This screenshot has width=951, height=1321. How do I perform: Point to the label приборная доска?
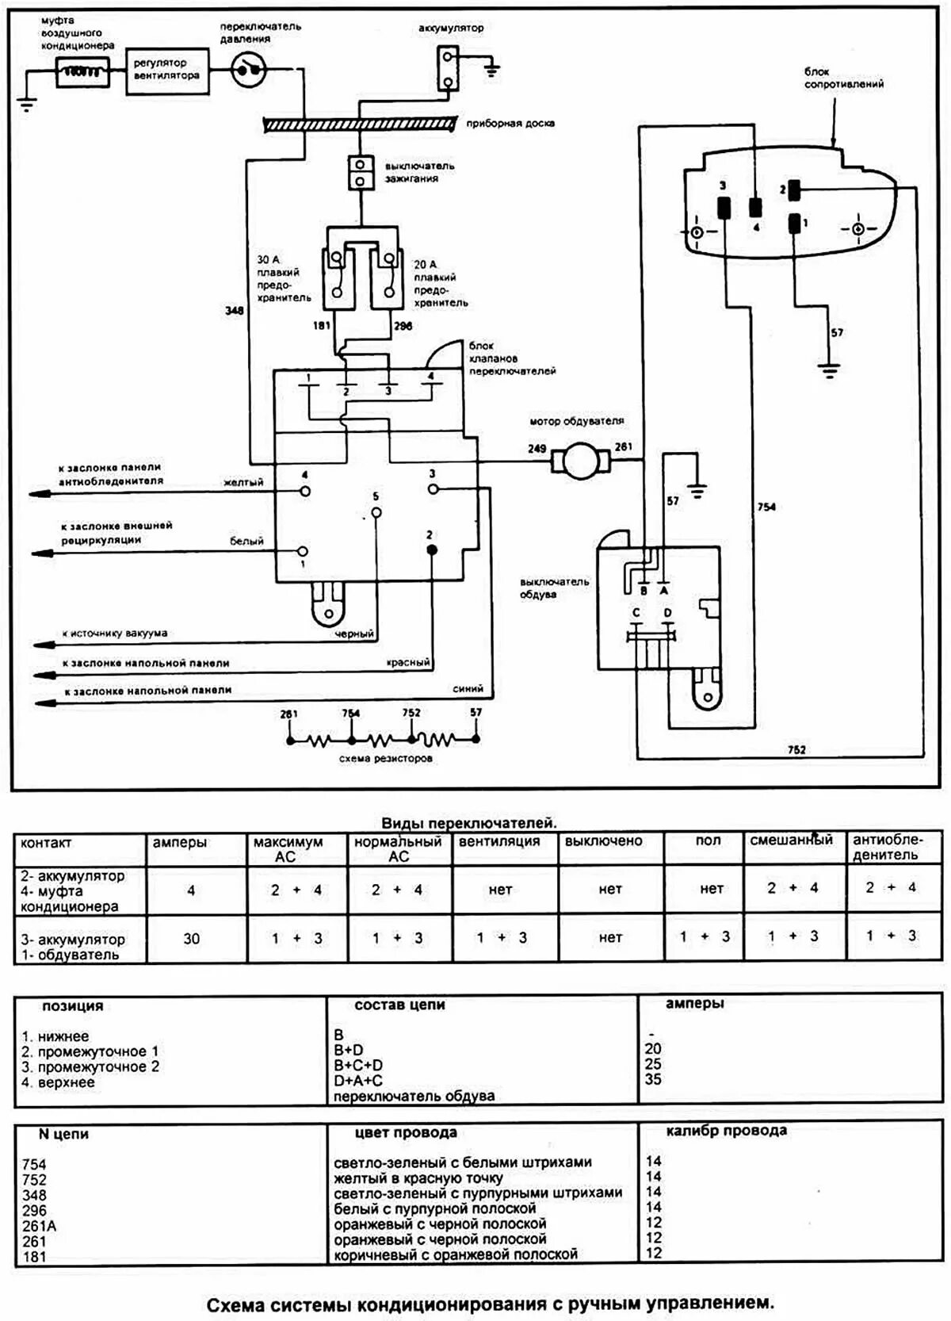pos(510,124)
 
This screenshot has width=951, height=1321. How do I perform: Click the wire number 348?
pos(234,311)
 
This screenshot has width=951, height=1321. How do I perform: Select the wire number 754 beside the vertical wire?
pos(766,507)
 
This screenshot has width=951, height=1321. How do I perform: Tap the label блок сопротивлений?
pos(843,78)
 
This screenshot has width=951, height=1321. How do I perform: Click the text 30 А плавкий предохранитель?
pos(283,278)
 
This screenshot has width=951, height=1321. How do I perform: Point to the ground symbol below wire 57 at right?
pos(829,368)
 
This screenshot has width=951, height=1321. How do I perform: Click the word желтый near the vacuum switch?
pos(243,482)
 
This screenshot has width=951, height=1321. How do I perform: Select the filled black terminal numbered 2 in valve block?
pos(431,549)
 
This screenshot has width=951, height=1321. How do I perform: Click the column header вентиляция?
pos(499,841)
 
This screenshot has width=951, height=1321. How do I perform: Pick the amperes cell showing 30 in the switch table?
pos(192,939)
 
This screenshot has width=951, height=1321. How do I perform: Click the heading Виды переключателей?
pos(469,823)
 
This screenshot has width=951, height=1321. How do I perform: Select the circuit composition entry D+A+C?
pos(358,1080)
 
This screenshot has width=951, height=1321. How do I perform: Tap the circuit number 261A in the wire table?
pos(40,1226)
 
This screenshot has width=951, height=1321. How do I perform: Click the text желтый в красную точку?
pos(418,1178)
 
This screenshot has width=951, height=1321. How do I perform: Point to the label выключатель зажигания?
pos(419,172)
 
